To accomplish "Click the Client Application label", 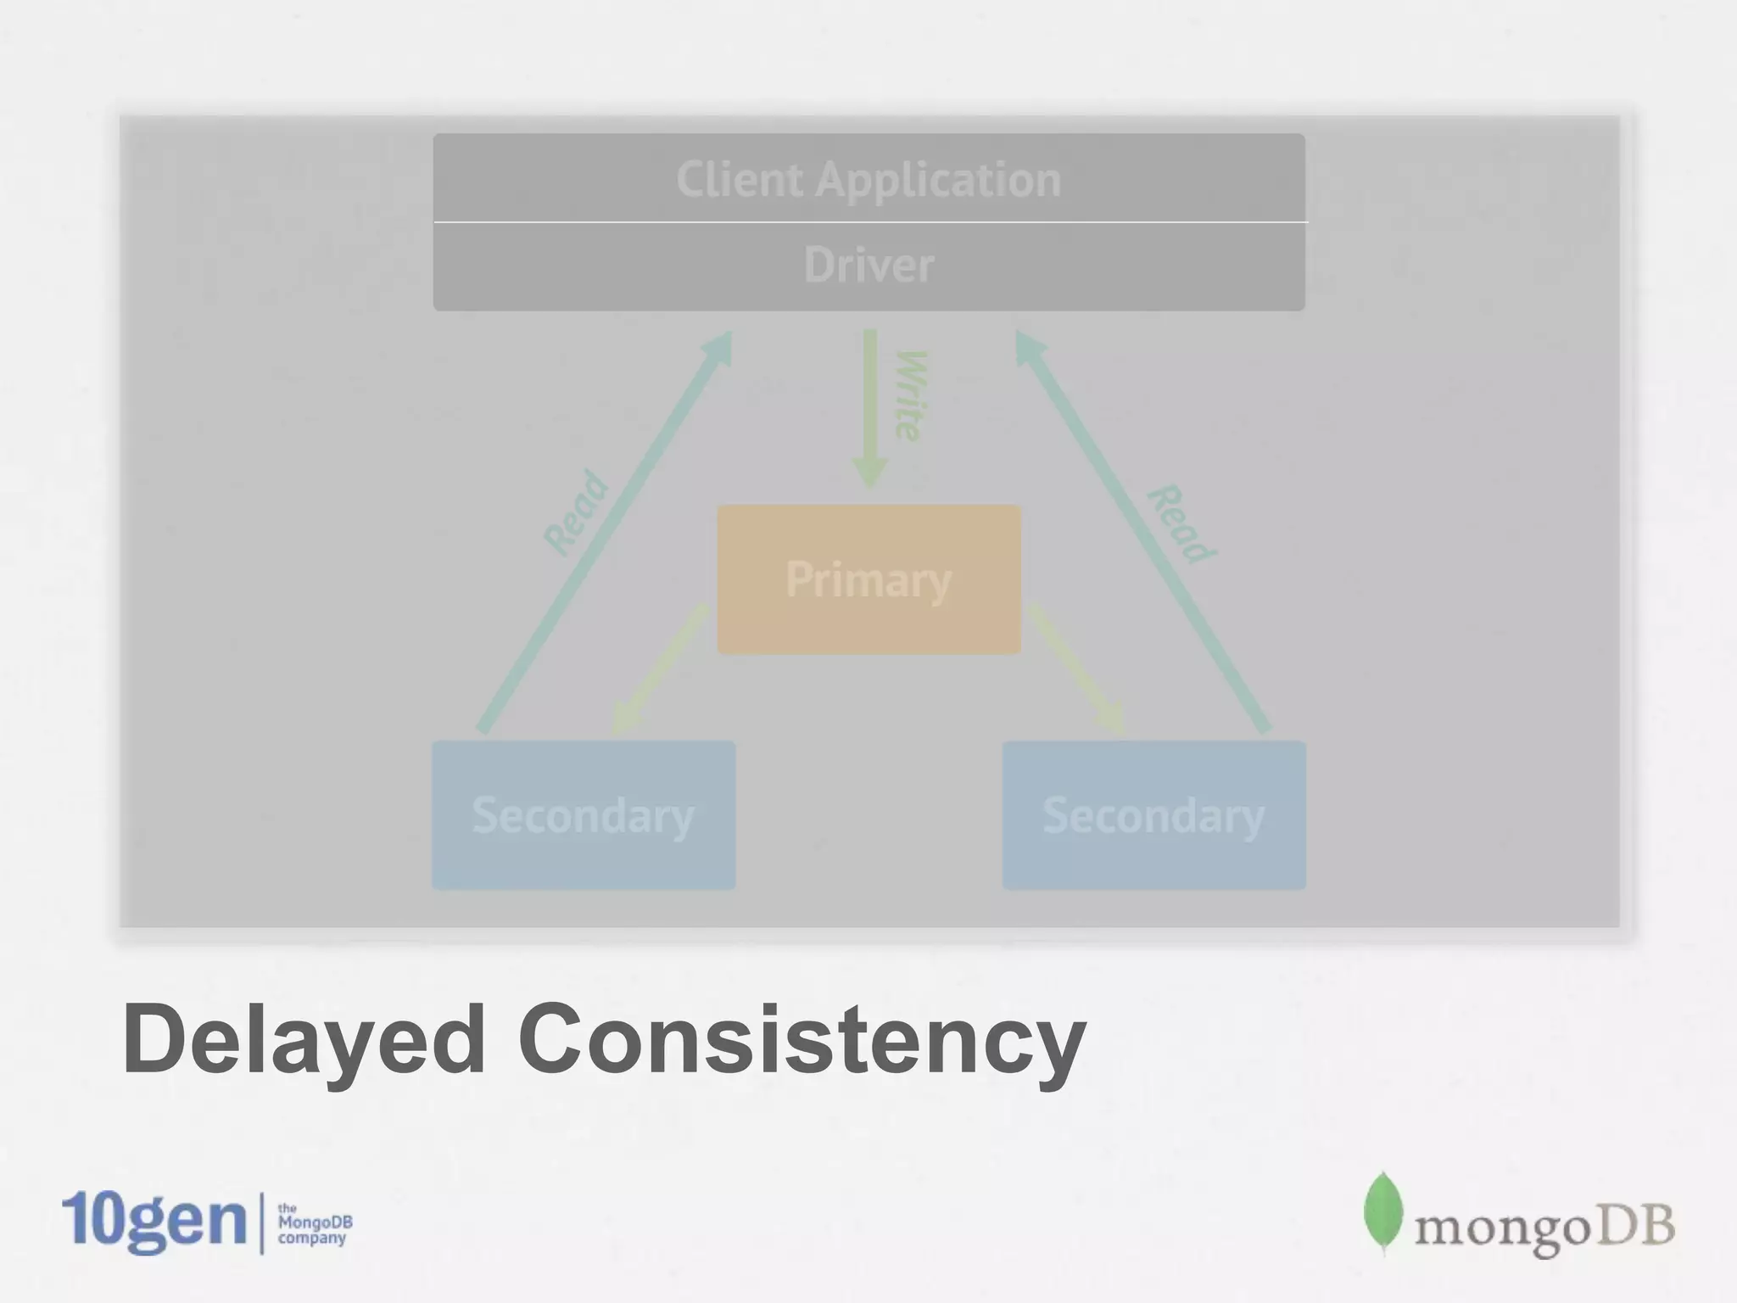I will pyautogui.click(x=868, y=180).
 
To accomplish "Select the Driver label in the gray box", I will pyautogui.click(x=868, y=265).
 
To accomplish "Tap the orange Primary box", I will pyautogui.click(x=868, y=580).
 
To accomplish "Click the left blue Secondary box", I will pyautogui.click(x=584, y=815).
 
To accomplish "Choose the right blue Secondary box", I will pyautogui.click(x=1153, y=815).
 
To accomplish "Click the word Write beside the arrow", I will pyautogui.click(x=911, y=395).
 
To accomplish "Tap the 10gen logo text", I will pyautogui.click(x=154, y=1222).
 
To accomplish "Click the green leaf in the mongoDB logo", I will pyautogui.click(x=1382, y=1211).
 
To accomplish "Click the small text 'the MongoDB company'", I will pyautogui.click(x=314, y=1224).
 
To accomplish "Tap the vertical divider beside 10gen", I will pyautogui.click(x=261, y=1222).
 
